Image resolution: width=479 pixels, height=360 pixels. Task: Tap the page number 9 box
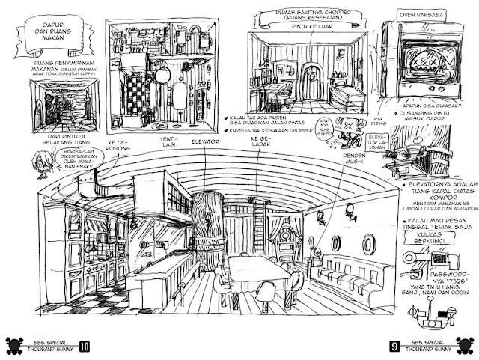coord(394,347)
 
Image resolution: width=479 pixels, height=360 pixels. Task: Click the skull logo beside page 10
coord(13,346)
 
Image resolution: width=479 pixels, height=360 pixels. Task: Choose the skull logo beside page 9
coord(466,346)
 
